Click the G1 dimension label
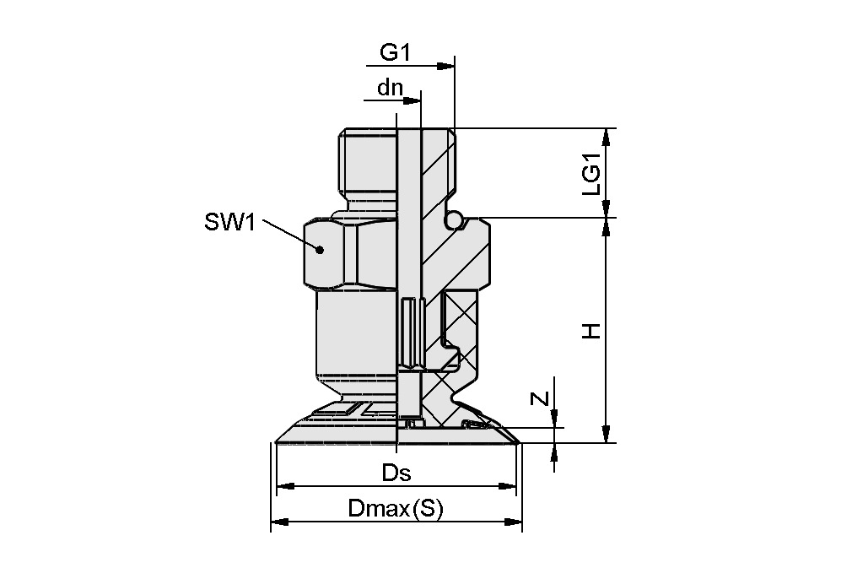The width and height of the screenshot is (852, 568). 394,52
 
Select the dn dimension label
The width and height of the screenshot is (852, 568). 390,88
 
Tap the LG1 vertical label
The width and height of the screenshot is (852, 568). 592,175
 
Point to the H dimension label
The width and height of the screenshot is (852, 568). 592,331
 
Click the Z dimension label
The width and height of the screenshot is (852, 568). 542,399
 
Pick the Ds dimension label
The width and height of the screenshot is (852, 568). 396,473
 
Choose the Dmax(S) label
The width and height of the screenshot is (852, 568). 395,509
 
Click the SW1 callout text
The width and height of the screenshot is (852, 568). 229,223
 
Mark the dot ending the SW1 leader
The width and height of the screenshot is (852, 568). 320,249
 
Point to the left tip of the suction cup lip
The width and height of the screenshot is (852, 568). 278,441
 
